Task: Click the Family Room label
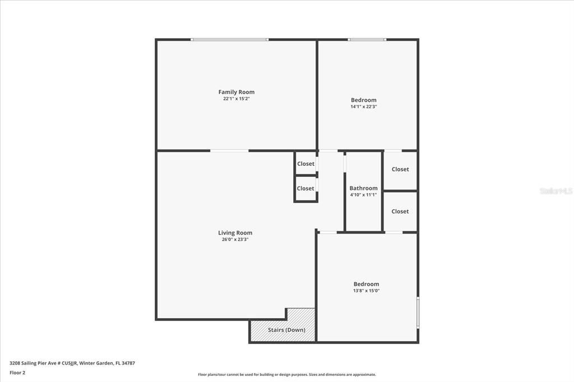[236, 92]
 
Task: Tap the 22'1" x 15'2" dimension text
[236, 99]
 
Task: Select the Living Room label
[235, 232]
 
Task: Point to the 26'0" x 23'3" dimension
[235, 239]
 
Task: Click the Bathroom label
[363, 188]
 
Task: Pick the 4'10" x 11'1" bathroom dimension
[363, 195]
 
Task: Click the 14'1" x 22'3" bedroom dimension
[363, 106]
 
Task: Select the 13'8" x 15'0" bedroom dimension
[366, 291]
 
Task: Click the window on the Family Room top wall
[229, 39]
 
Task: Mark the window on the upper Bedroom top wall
[367, 39]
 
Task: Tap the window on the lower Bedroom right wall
[418, 312]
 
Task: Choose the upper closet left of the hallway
[305, 164]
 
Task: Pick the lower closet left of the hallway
[305, 189]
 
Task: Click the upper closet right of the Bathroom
[400, 170]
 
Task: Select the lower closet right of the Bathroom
[400, 211]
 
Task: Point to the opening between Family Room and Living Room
[229, 150]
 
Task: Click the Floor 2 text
[17, 372]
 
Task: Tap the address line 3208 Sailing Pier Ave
[72, 363]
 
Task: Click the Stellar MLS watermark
[556, 191]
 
